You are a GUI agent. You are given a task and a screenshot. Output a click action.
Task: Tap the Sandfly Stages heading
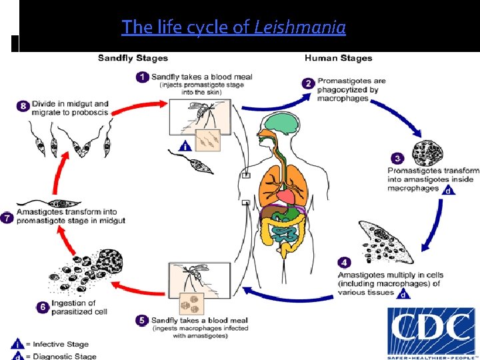pyautogui.click(x=133, y=58)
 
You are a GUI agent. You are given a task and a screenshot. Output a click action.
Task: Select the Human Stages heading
pyautogui.click(x=338, y=58)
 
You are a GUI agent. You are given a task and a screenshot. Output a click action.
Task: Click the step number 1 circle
pyautogui.click(x=142, y=77)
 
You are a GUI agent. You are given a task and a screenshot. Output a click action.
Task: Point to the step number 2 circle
pyautogui.click(x=308, y=83)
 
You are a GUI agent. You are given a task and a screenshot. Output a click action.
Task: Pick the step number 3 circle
pyautogui.click(x=397, y=159)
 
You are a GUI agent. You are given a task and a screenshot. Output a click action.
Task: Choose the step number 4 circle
pyautogui.click(x=343, y=261)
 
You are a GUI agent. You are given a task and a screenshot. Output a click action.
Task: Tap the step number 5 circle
pyautogui.click(x=142, y=320)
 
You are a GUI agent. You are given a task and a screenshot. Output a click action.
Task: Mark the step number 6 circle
pyautogui.click(x=42, y=307)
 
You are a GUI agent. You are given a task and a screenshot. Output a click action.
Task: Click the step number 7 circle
pyautogui.click(x=7, y=218)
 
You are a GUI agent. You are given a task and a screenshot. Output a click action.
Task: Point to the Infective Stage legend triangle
pyautogui.click(x=16, y=345)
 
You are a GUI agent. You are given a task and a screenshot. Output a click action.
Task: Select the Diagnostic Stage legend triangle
pyautogui.click(x=16, y=355)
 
